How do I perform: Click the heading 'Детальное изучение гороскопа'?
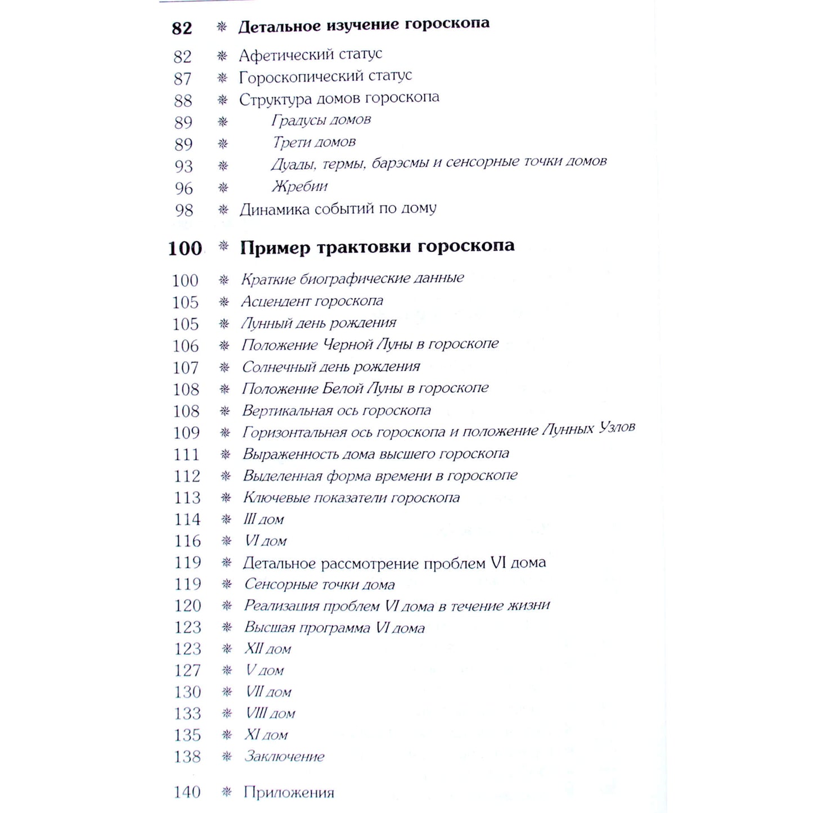click(363, 25)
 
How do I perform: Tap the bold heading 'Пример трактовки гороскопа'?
click(377, 247)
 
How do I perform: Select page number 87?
click(182, 79)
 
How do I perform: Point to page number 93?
click(183, 167)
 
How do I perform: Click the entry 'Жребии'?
click(299, 186)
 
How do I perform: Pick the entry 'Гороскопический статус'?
click(325, 77)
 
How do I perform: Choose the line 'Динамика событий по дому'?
click(338, 209)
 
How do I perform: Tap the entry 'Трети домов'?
click(314, 142)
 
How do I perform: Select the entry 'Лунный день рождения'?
click(318, 323)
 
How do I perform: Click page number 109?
click(186, 433)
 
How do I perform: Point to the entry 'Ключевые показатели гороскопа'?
click(351, 498)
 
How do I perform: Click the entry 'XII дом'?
click(267, 649)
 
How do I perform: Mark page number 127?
click(187, 671)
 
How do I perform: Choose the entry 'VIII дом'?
click(270, 714)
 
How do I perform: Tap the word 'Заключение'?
click(284, 757)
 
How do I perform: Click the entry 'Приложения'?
click(289, 793)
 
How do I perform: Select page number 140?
click(187, 792)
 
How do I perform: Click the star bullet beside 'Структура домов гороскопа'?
click(223, 100)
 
